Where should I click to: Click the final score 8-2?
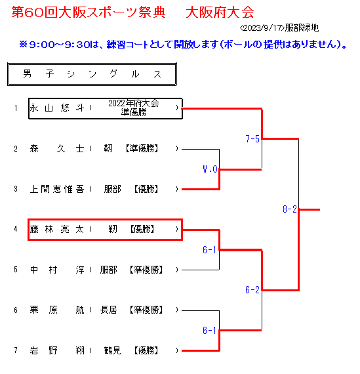pos(290,209)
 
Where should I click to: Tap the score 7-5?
pos(252,139)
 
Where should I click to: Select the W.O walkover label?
pos(210,169)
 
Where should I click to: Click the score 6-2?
pos(252,290)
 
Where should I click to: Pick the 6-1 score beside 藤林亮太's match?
pos(210,250)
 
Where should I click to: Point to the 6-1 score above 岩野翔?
pos(210,331)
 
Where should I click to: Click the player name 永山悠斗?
pos(57,108)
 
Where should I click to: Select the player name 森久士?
pos(57,148)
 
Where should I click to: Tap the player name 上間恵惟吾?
pos(57,189)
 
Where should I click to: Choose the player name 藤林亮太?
pos(57,229)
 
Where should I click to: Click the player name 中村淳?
pos(57,270)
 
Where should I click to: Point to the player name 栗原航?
pos(57,310)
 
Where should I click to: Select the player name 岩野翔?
pos(57,350)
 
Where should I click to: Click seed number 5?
pos(16,270)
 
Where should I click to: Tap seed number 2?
pos(16,149)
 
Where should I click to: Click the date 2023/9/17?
pos(262,28)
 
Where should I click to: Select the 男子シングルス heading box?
pos(92,74)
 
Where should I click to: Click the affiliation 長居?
pos(108,310)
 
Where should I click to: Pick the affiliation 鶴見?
pos(112,350)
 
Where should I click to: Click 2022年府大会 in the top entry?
pos(134,103)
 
